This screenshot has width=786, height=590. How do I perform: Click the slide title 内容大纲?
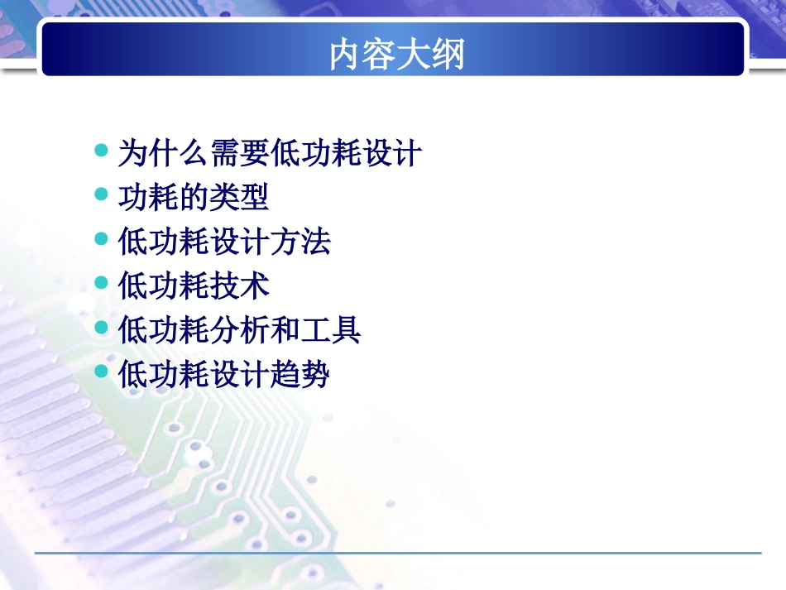click(x=397, y=55)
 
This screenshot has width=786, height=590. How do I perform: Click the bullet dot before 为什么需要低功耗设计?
click(x=101, y=151)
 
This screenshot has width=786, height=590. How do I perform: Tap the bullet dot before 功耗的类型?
click(x=101, y=195)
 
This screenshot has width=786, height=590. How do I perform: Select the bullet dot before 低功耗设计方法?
click(x=101, y=239)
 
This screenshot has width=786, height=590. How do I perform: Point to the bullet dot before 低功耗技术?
click(x=101, y=284)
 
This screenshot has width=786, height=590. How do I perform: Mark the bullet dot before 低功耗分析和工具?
click(x=101, y=328)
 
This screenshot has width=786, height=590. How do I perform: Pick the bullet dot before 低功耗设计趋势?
click(x=101, y=372)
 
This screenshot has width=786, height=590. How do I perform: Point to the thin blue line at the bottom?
click(x=397, y=553)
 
